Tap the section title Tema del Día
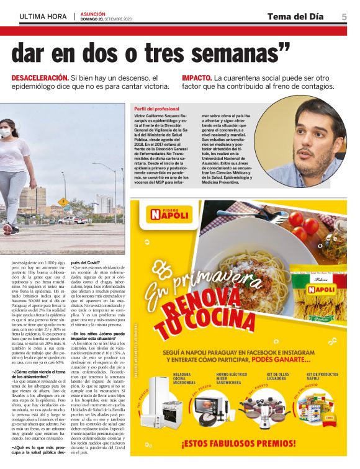295,16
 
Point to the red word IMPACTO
197,78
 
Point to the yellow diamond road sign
63,202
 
